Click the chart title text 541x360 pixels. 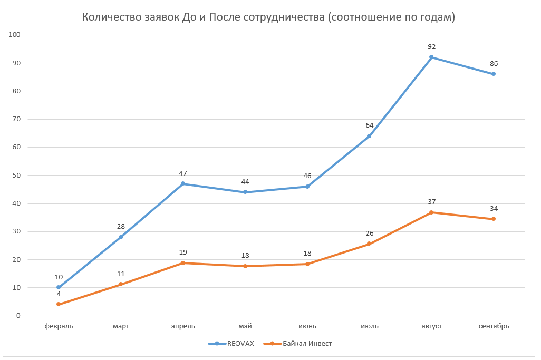tap(268, 17)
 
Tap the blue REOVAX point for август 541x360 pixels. tap(431, 57)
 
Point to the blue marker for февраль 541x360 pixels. tap(59, 287)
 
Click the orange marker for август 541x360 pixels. tap(431, 212)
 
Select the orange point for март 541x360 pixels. tap(121, 284)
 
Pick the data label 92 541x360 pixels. tap(431, 47)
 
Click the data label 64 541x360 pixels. tap(369, 125)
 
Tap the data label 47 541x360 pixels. tap(183, 173)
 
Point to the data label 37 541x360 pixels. tap(431, 202)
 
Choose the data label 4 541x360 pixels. tap(59, 294)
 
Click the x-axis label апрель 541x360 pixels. tap(183, 326)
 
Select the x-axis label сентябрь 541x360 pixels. tap(494, 326)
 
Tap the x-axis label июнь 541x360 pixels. tap(307, 326)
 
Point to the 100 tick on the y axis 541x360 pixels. tap(14, 35)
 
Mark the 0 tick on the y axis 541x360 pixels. tap(18, 316)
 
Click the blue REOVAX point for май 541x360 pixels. tap(245, 192)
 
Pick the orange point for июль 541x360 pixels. tap(369, 244)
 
